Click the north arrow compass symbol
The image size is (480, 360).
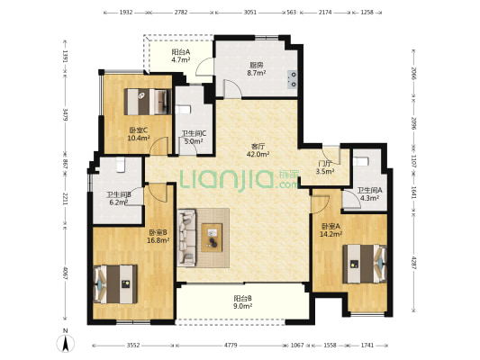click(x=65, y=343)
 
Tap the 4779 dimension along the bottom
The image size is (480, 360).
click(x=231, y=346)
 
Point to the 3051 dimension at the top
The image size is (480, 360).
click(x=250, y=13)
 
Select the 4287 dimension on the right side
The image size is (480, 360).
click(x=414, y=263)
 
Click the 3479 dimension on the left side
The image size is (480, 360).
click(x=65, y=113)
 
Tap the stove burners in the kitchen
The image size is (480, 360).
click(x=293, y=79)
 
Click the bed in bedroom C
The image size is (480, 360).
click(x=148, y=102)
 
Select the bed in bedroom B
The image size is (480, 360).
click(x=115, y=284)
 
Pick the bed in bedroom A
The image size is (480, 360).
click(x=365, y=264)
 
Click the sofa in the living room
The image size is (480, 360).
click(x=186, y=238)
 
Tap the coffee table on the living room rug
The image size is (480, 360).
click(x=212, y=238)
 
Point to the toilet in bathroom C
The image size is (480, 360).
click(x=183, y=109)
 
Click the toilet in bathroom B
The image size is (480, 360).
click(x=122, y=165)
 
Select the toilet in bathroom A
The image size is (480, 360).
click(x=360, y=161)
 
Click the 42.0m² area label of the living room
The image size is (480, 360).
click(x=258, y=154)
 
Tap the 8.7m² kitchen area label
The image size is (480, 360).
click(x=257, y=73)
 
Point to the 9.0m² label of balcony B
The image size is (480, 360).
click(x=243, y=306)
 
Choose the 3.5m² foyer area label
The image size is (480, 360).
click(x=325, y=172)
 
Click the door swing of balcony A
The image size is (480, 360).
click(x=204, y=66)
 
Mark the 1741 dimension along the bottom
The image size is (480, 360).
click(x=367, y=346)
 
